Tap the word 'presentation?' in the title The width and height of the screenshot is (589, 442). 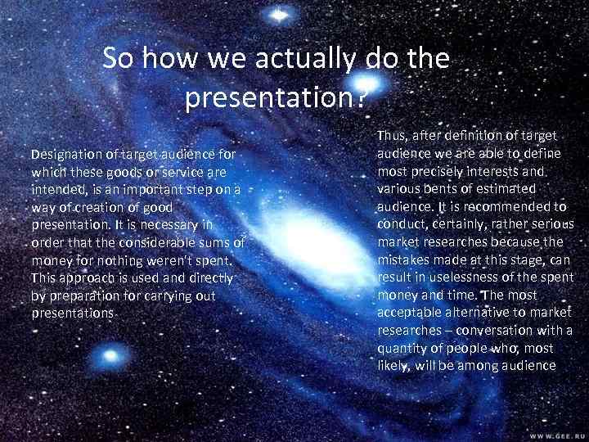click(x=274, y=98)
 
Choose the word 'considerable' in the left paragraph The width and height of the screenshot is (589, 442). click(x=156, y=244)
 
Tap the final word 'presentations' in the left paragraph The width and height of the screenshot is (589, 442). click(x=73, y=313)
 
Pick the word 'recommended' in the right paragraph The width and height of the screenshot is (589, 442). click(x=507, y=206)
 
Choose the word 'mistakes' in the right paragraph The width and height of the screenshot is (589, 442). click(x=404, y=259)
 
